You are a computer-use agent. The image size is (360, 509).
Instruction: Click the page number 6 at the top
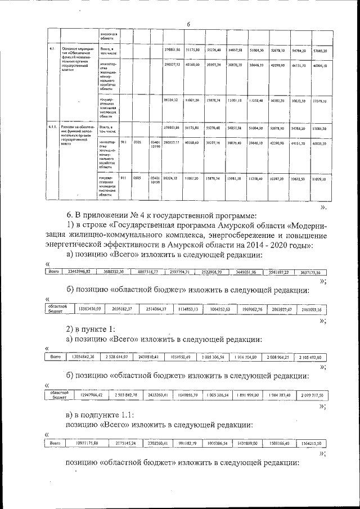point(188,24)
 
